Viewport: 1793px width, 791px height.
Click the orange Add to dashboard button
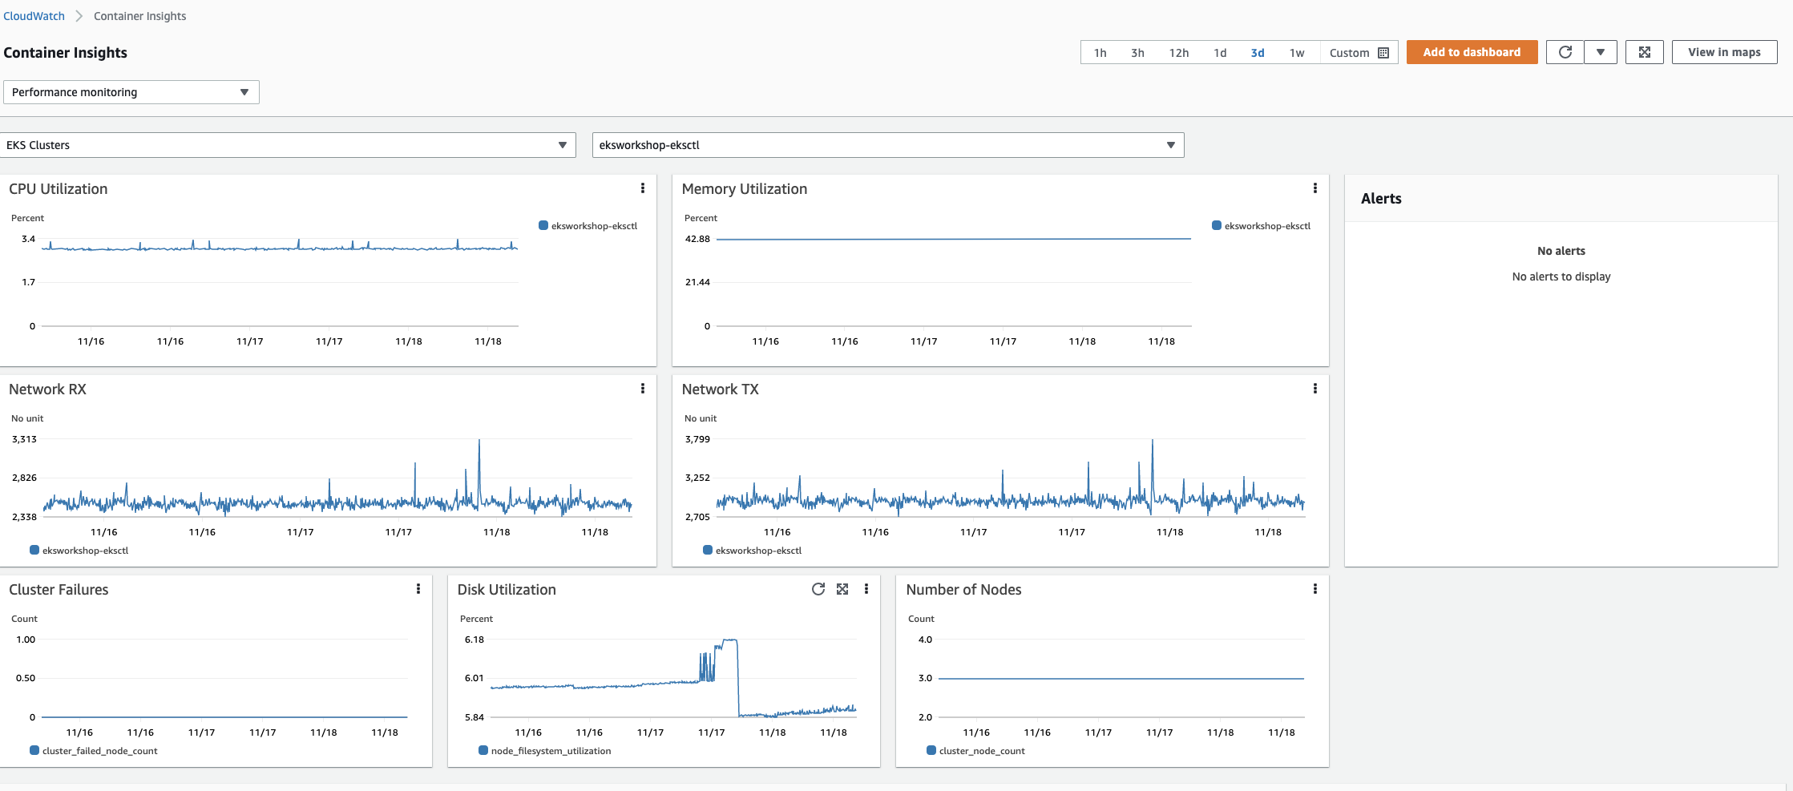click(1471, 52)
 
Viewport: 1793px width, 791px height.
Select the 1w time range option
click(1296, 53)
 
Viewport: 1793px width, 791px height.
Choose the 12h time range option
click(1178, 53)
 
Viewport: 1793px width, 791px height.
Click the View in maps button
click(1723, 52)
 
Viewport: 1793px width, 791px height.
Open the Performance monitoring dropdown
click(131, 92)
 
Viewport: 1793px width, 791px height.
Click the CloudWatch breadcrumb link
click(34, 16)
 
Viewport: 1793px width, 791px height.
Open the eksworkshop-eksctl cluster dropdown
click(887, 145)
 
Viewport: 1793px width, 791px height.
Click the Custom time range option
click(1358, 53)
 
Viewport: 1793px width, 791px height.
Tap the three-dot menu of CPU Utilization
click(642, 188)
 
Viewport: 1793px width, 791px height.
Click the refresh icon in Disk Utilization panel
click(818, 589)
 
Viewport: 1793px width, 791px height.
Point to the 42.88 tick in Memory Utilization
click(697, 239)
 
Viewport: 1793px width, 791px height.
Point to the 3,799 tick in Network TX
click(697, 439)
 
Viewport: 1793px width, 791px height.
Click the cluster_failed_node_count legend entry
click(99, 751)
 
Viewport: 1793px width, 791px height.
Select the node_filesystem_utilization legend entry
click(550, 751)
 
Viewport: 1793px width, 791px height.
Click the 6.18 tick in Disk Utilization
click(474, 640)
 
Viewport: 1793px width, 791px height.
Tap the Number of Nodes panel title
click(963, 590)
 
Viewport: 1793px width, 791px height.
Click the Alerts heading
click(1380, 199)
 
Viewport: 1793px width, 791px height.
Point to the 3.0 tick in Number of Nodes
click(925, 678)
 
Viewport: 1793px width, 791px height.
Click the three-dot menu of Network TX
click(1314, 389)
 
